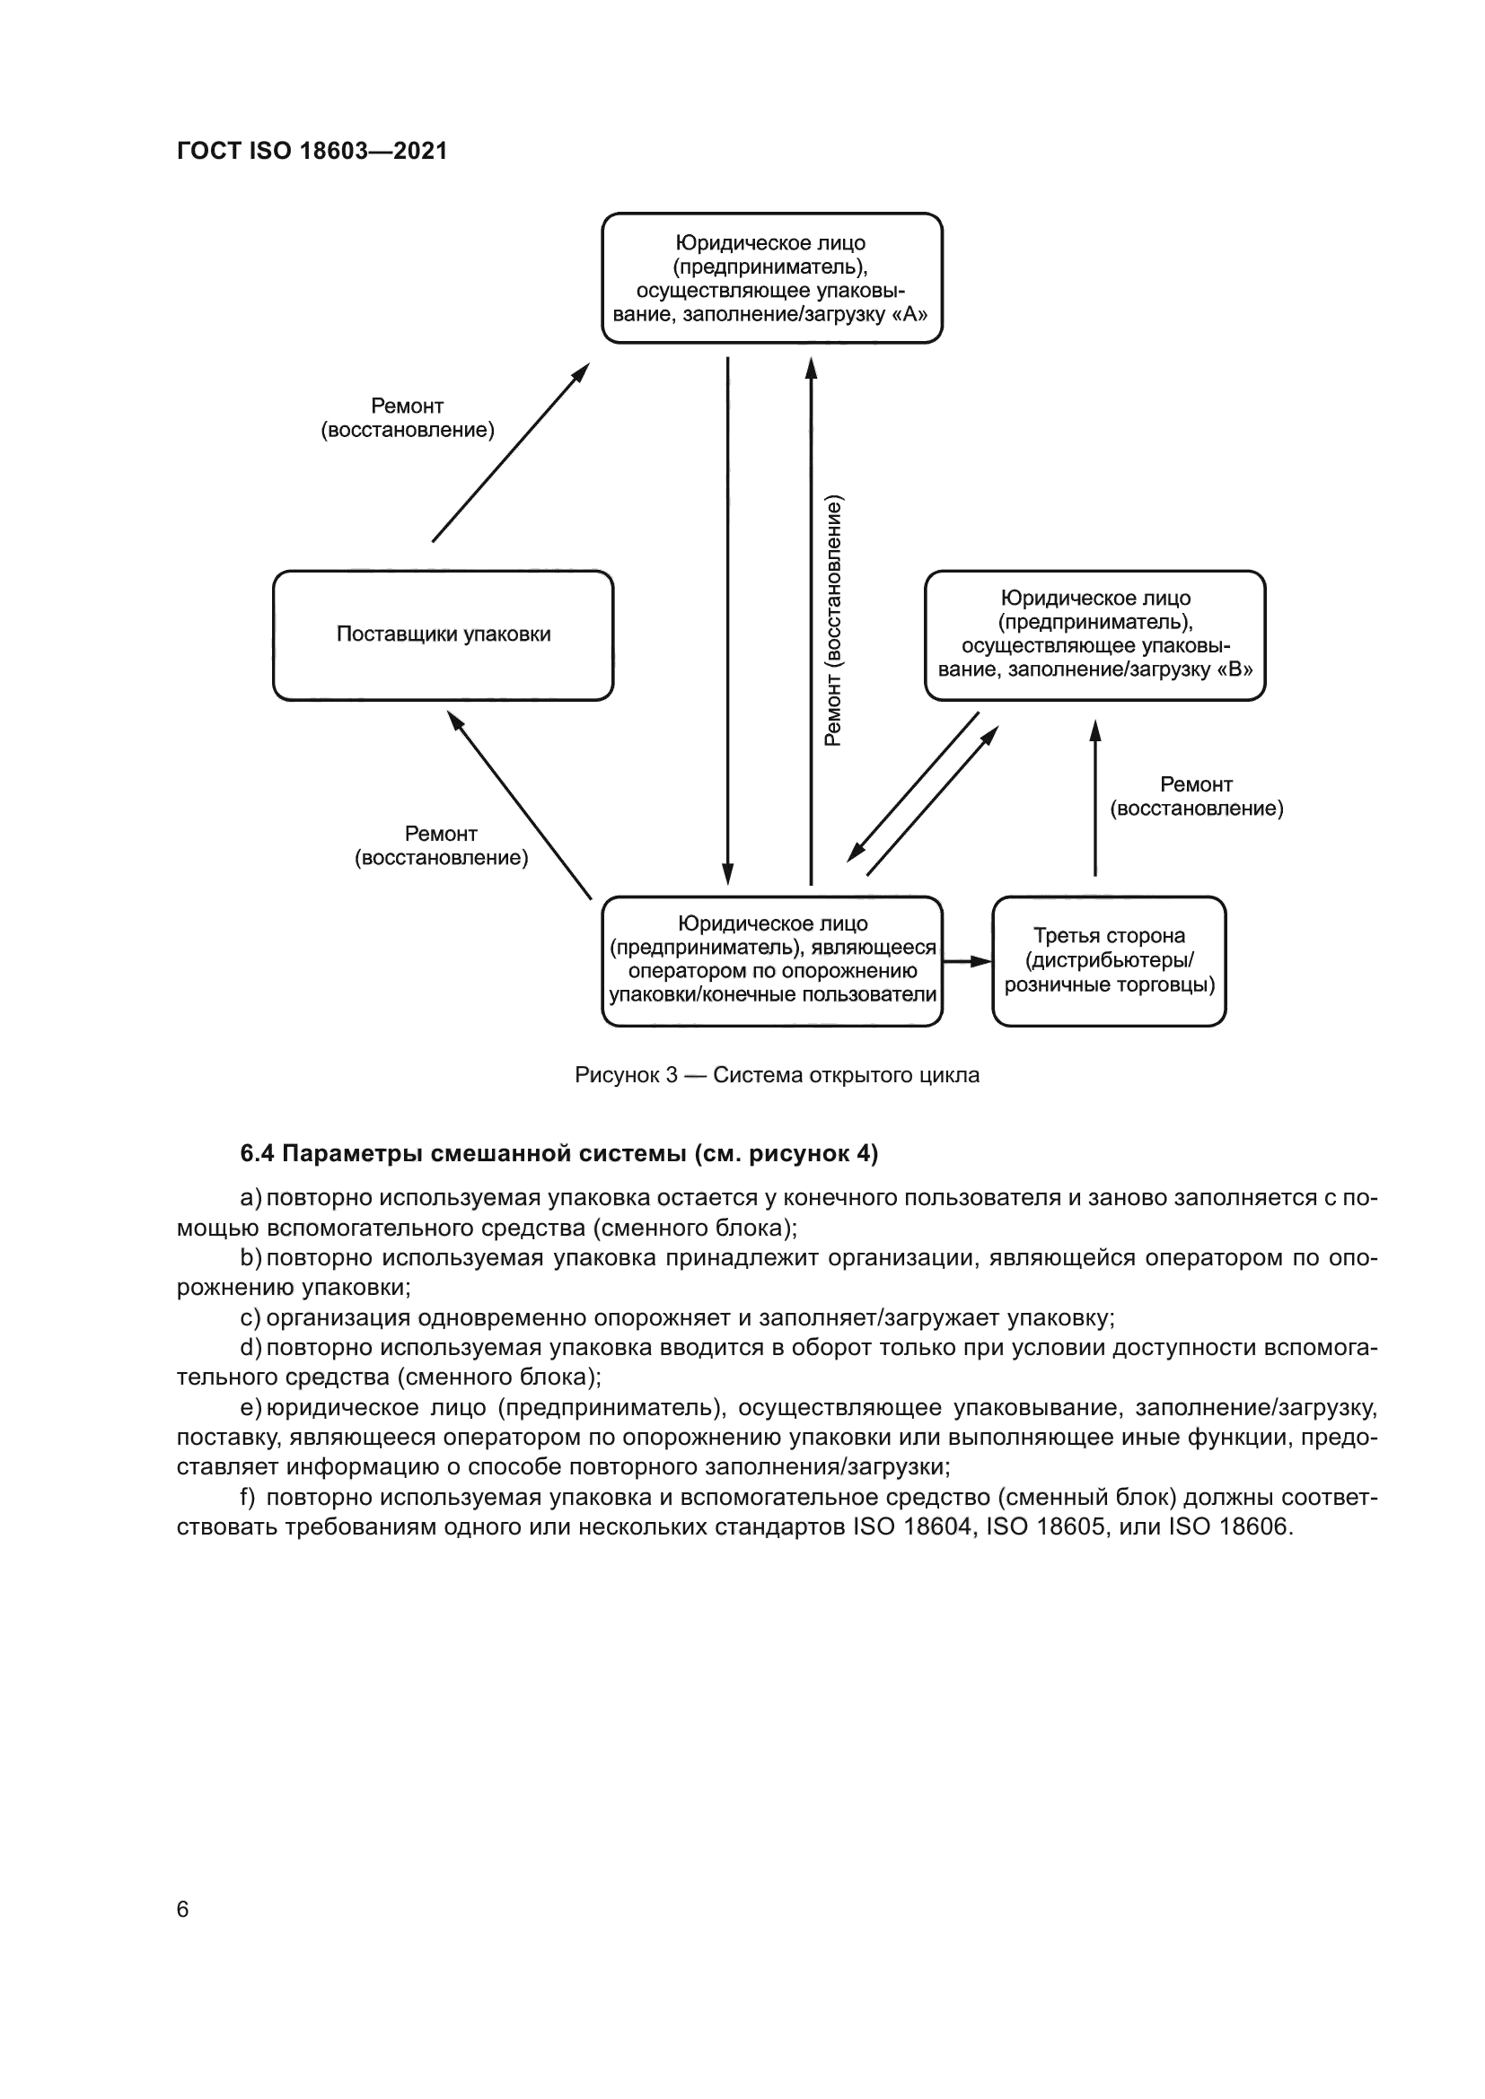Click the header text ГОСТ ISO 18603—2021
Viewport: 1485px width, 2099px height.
312,151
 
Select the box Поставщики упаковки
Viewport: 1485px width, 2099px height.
443,635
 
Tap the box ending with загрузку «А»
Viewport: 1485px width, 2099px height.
771,278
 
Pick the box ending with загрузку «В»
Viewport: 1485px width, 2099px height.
1094,635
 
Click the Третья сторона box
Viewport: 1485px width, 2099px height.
1108,961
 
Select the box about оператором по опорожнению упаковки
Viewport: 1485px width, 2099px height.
771,961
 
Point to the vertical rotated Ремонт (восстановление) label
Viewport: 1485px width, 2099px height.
833,622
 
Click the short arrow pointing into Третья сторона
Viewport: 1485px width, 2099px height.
967,961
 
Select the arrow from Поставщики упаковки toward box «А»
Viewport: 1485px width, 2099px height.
510,452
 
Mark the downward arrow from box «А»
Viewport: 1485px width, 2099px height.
728,622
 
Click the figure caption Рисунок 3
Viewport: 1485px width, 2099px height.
777,1075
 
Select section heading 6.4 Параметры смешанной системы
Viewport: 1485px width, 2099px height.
558,1154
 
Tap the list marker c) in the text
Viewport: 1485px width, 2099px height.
250,1318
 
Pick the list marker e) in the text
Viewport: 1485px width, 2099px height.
250,1407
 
